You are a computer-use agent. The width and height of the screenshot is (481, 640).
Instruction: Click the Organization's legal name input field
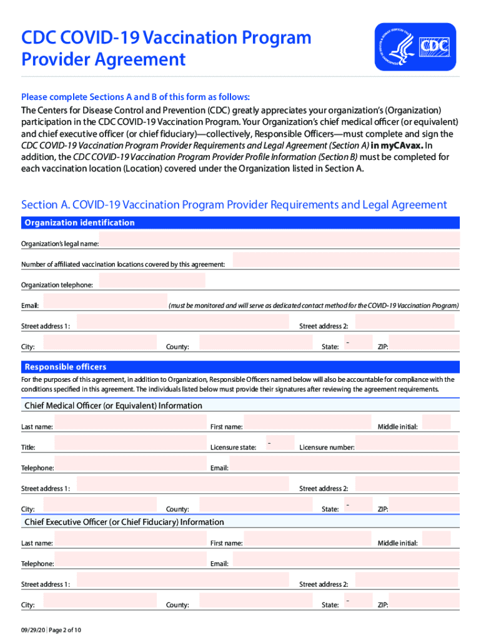(x=280, y=240)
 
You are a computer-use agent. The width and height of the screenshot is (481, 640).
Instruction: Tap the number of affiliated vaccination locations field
(x=346, y=261)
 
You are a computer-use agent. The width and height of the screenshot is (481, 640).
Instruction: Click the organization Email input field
(x=104, y=302)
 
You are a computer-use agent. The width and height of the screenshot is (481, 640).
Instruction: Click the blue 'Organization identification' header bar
(x=241, y=222)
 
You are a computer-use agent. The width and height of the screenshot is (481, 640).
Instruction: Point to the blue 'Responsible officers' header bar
(x=241, y=367)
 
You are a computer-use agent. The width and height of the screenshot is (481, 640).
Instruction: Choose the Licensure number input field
(x=407, y=443)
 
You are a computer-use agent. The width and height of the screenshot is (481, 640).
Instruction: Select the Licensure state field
(x=280, y=443)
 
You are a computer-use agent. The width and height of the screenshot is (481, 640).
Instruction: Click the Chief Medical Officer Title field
(x=130, y=443)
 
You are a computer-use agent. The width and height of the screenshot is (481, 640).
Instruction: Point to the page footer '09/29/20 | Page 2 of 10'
(x=51, y=630)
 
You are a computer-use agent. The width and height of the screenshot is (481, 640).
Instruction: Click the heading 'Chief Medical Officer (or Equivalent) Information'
(x=113, y=406)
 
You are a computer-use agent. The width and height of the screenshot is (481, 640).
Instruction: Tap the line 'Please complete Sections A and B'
(x=136, y=97)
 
